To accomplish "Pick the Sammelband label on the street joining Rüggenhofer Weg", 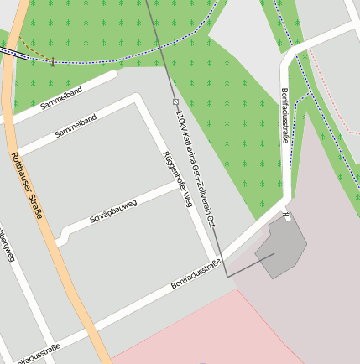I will tap(76, 126).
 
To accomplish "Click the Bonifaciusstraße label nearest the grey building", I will tap(196, 275).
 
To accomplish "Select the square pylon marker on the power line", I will tap(175, 101).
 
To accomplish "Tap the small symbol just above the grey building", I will tap(287, 216).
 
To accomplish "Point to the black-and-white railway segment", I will tap(12, 52).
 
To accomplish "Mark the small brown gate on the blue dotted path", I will tap(52, 61).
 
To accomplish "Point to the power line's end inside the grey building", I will tap(274, 254).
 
